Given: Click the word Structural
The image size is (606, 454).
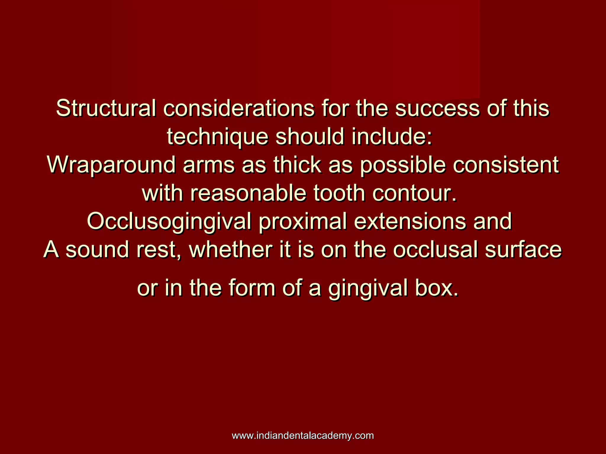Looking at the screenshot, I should click(x=106, y=108).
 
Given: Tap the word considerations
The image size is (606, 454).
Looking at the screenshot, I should click(x=238, y=108).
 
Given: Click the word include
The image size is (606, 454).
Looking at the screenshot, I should click(x=392, y=137).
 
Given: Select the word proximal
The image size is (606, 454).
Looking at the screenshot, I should click(x=302, y=222).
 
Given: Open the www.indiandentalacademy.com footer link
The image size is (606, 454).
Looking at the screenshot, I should click(x=303, y=436).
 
